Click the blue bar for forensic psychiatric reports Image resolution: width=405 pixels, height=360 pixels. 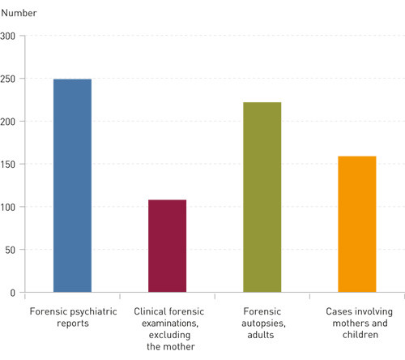pyautogui.click(x=72, y=186)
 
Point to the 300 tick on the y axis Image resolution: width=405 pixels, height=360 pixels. pyautogui.click(x=8, y=36)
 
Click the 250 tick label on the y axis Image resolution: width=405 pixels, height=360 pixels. pyautogui.click(x=8, y=79)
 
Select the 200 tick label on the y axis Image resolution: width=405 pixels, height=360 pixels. pyautogui.click(x=8, y=122)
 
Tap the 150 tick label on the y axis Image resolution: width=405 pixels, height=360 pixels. pyautogui.click(x=8, y=165)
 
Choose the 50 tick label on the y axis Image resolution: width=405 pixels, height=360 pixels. pyautogui.click(x=11, y=250)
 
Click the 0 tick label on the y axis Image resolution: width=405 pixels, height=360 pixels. pyautogui.click(x=13, y=293)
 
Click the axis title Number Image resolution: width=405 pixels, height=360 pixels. pyautogui.click(x=18, y=13)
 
